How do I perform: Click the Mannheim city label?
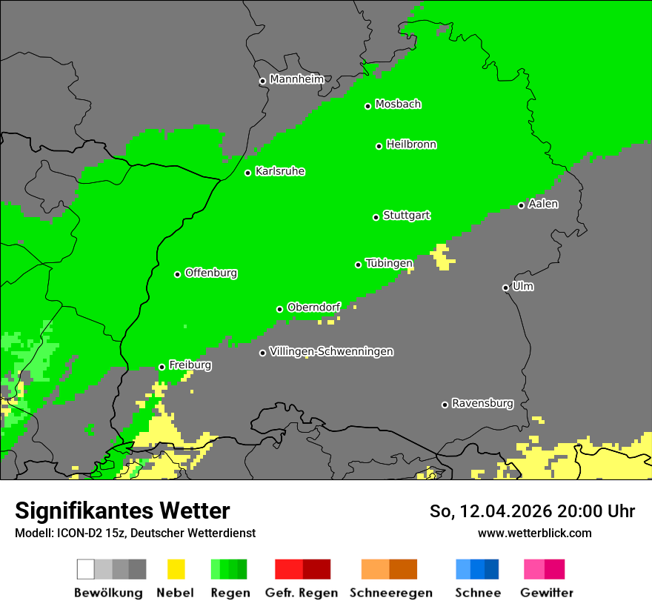[296, 79]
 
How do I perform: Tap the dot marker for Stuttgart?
[376, 217]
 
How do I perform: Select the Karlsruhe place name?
[280, 171]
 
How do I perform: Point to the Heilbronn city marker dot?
[379, 146]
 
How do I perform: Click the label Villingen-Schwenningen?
[331, 351]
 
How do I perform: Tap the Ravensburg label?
[482, 404]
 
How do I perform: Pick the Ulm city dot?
[505, 287]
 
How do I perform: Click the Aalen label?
[543, 204]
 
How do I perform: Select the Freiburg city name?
[190, 365]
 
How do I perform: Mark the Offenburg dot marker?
[177, 274]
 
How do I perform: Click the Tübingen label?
[389, 263]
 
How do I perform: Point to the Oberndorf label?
[313, 307]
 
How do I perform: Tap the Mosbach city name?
[398, 104]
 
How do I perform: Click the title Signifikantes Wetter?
[122, 511]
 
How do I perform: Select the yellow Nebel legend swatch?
[176, 569]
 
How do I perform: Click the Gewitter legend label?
[547, 593]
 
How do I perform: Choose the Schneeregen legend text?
[391, 593]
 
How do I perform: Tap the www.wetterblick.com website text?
[534, 533]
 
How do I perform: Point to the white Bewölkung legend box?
[85, 569]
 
